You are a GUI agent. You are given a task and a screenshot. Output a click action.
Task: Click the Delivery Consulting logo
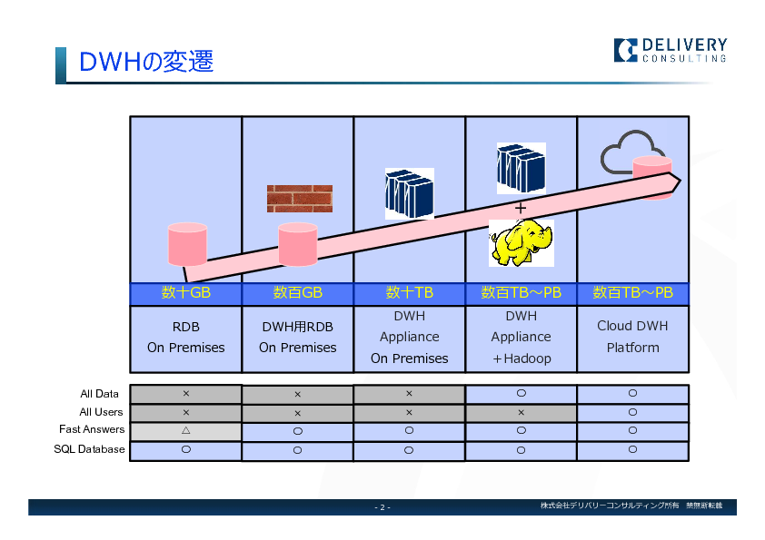[x=671, y=50]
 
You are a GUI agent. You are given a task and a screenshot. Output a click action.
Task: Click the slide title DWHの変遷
[x=146, y=62]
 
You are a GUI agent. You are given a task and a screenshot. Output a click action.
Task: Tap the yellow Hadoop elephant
[x=522, y=242]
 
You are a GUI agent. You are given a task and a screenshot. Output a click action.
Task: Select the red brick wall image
[x=300, y=199]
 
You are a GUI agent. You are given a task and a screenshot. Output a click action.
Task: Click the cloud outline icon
[x=630, y=152]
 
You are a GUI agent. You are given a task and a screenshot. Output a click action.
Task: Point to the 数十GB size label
[x=186, y=292]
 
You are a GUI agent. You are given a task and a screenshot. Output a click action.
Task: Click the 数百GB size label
[x=298, y=292]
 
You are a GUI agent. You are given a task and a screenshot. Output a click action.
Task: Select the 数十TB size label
[x=410, y=292]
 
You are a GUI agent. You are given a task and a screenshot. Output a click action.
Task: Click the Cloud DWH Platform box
[x=632, y=339]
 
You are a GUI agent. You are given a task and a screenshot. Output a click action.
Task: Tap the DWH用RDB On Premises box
[x=298, y=339]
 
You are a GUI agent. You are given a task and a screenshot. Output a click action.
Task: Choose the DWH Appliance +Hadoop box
[x=522, y=339]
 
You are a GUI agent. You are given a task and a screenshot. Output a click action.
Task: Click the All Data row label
[x=100, y=394]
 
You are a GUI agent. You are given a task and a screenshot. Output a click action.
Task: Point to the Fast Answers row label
[x=92, y=429]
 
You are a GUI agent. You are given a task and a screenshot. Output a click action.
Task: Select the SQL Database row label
[x=89, y=449]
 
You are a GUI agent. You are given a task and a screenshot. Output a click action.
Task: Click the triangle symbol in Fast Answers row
[x=186, y=430]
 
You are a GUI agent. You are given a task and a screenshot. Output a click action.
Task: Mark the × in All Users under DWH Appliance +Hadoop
[x=522, y=412]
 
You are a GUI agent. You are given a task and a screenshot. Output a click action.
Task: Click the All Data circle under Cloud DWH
[x=632, y=393]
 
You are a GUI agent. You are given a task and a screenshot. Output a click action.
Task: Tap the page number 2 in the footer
[x=382, y=507]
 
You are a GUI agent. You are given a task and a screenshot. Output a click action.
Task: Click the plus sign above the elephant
[x=521, y=208]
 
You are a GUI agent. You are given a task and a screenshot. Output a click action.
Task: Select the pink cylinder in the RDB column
[x=187, y=244]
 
